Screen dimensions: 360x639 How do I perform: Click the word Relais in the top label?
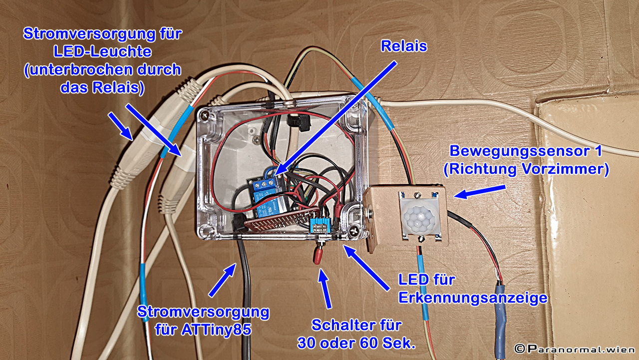404,46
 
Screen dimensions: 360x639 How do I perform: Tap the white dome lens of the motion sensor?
418,218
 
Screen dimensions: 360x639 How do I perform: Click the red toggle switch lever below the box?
317,256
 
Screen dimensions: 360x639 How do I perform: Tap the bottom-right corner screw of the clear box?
353,231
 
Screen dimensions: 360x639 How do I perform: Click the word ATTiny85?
218,329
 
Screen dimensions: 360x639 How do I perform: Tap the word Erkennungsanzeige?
473,298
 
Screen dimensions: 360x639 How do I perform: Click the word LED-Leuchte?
103,52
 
